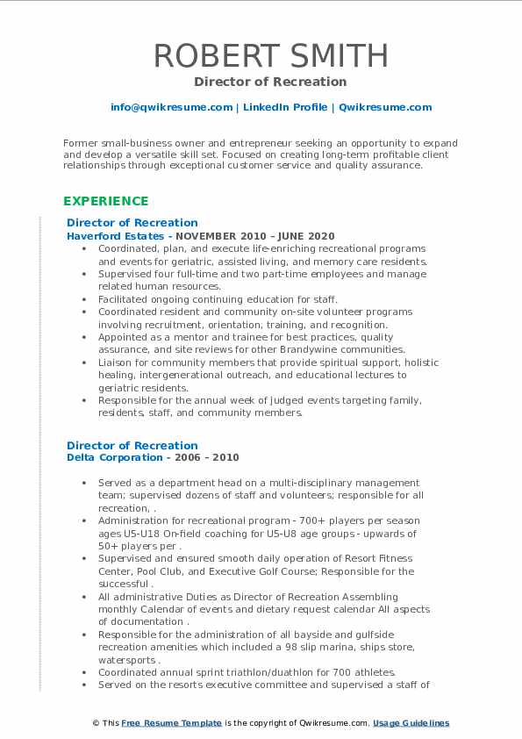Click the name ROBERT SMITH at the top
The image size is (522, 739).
click(x=271, y=54)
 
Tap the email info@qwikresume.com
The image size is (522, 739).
click(x=171, y=107)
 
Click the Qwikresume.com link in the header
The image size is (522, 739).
click(x=384, y=107)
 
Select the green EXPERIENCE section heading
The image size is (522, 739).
click(x=105, y=201)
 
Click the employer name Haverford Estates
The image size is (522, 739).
click(x=113, y=236)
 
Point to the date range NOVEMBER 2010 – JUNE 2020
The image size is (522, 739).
click(x=255, y=236)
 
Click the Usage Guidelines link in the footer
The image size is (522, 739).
click(x=411, y=723)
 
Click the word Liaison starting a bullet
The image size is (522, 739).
click(x=116, y=362)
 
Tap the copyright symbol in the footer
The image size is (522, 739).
click(x=97, y=723)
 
